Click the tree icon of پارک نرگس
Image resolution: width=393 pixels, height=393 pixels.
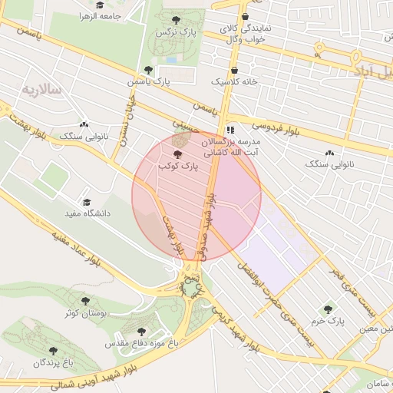point(177,19)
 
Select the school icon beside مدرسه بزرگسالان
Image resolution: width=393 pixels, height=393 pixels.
point(231,130)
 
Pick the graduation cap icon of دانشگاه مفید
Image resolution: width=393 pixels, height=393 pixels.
point(87,201)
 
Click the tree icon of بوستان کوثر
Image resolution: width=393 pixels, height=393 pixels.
point(84,300)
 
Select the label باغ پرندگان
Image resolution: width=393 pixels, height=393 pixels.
point(58,360)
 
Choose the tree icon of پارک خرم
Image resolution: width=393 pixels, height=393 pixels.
point(328,309)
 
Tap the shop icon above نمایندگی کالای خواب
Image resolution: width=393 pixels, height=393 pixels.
point(245,16)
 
